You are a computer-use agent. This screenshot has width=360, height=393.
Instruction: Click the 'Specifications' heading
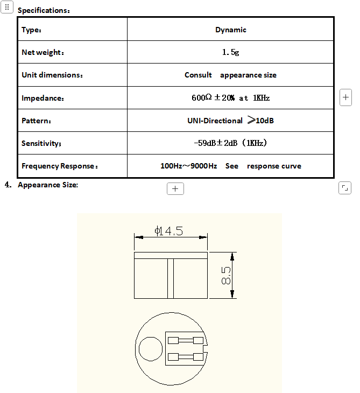44,11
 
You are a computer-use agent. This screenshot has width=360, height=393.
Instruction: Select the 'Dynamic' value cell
230,30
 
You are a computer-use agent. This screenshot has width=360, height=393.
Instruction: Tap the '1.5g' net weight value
230,53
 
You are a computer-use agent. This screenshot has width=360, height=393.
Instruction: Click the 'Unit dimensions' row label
52,75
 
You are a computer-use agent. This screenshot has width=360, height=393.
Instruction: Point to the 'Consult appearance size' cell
230,75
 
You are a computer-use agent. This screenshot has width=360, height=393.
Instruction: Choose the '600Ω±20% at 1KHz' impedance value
230,98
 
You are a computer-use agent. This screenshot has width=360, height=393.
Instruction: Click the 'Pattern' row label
36,121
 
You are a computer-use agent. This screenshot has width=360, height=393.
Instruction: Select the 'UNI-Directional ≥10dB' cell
230,121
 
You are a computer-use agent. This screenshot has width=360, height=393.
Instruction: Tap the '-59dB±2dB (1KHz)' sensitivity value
230,143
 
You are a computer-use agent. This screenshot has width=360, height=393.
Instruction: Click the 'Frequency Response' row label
60,166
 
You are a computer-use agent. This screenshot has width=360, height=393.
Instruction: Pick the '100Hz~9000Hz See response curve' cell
230,166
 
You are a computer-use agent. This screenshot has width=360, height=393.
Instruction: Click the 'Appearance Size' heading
48,185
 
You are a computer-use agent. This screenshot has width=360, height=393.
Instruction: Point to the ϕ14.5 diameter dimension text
169,231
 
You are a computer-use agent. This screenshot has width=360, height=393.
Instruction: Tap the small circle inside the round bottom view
151,349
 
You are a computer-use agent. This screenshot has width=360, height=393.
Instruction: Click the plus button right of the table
346,97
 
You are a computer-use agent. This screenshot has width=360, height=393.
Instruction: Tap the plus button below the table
175,189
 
